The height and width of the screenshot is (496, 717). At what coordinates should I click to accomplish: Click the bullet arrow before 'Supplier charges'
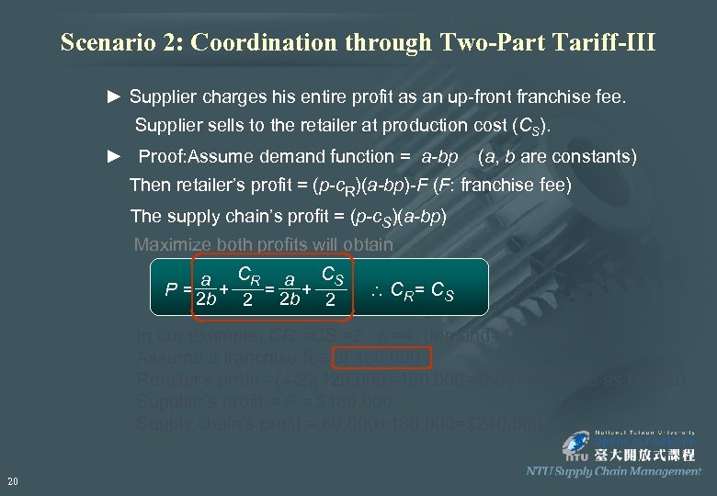point(114,96)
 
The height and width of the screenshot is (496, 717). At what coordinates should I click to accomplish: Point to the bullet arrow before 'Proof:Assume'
point(114,156)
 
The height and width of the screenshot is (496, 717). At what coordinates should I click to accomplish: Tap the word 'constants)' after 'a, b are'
point(595,156)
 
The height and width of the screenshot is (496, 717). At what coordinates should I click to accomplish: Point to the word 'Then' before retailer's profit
point(149,185)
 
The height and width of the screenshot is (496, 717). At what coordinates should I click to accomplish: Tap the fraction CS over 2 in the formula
point(332,286)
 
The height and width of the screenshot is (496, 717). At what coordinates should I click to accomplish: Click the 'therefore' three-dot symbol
point(375,292)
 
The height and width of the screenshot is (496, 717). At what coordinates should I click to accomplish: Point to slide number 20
point(12,480)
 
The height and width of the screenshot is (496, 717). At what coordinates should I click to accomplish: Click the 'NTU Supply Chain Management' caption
point(613,471)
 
